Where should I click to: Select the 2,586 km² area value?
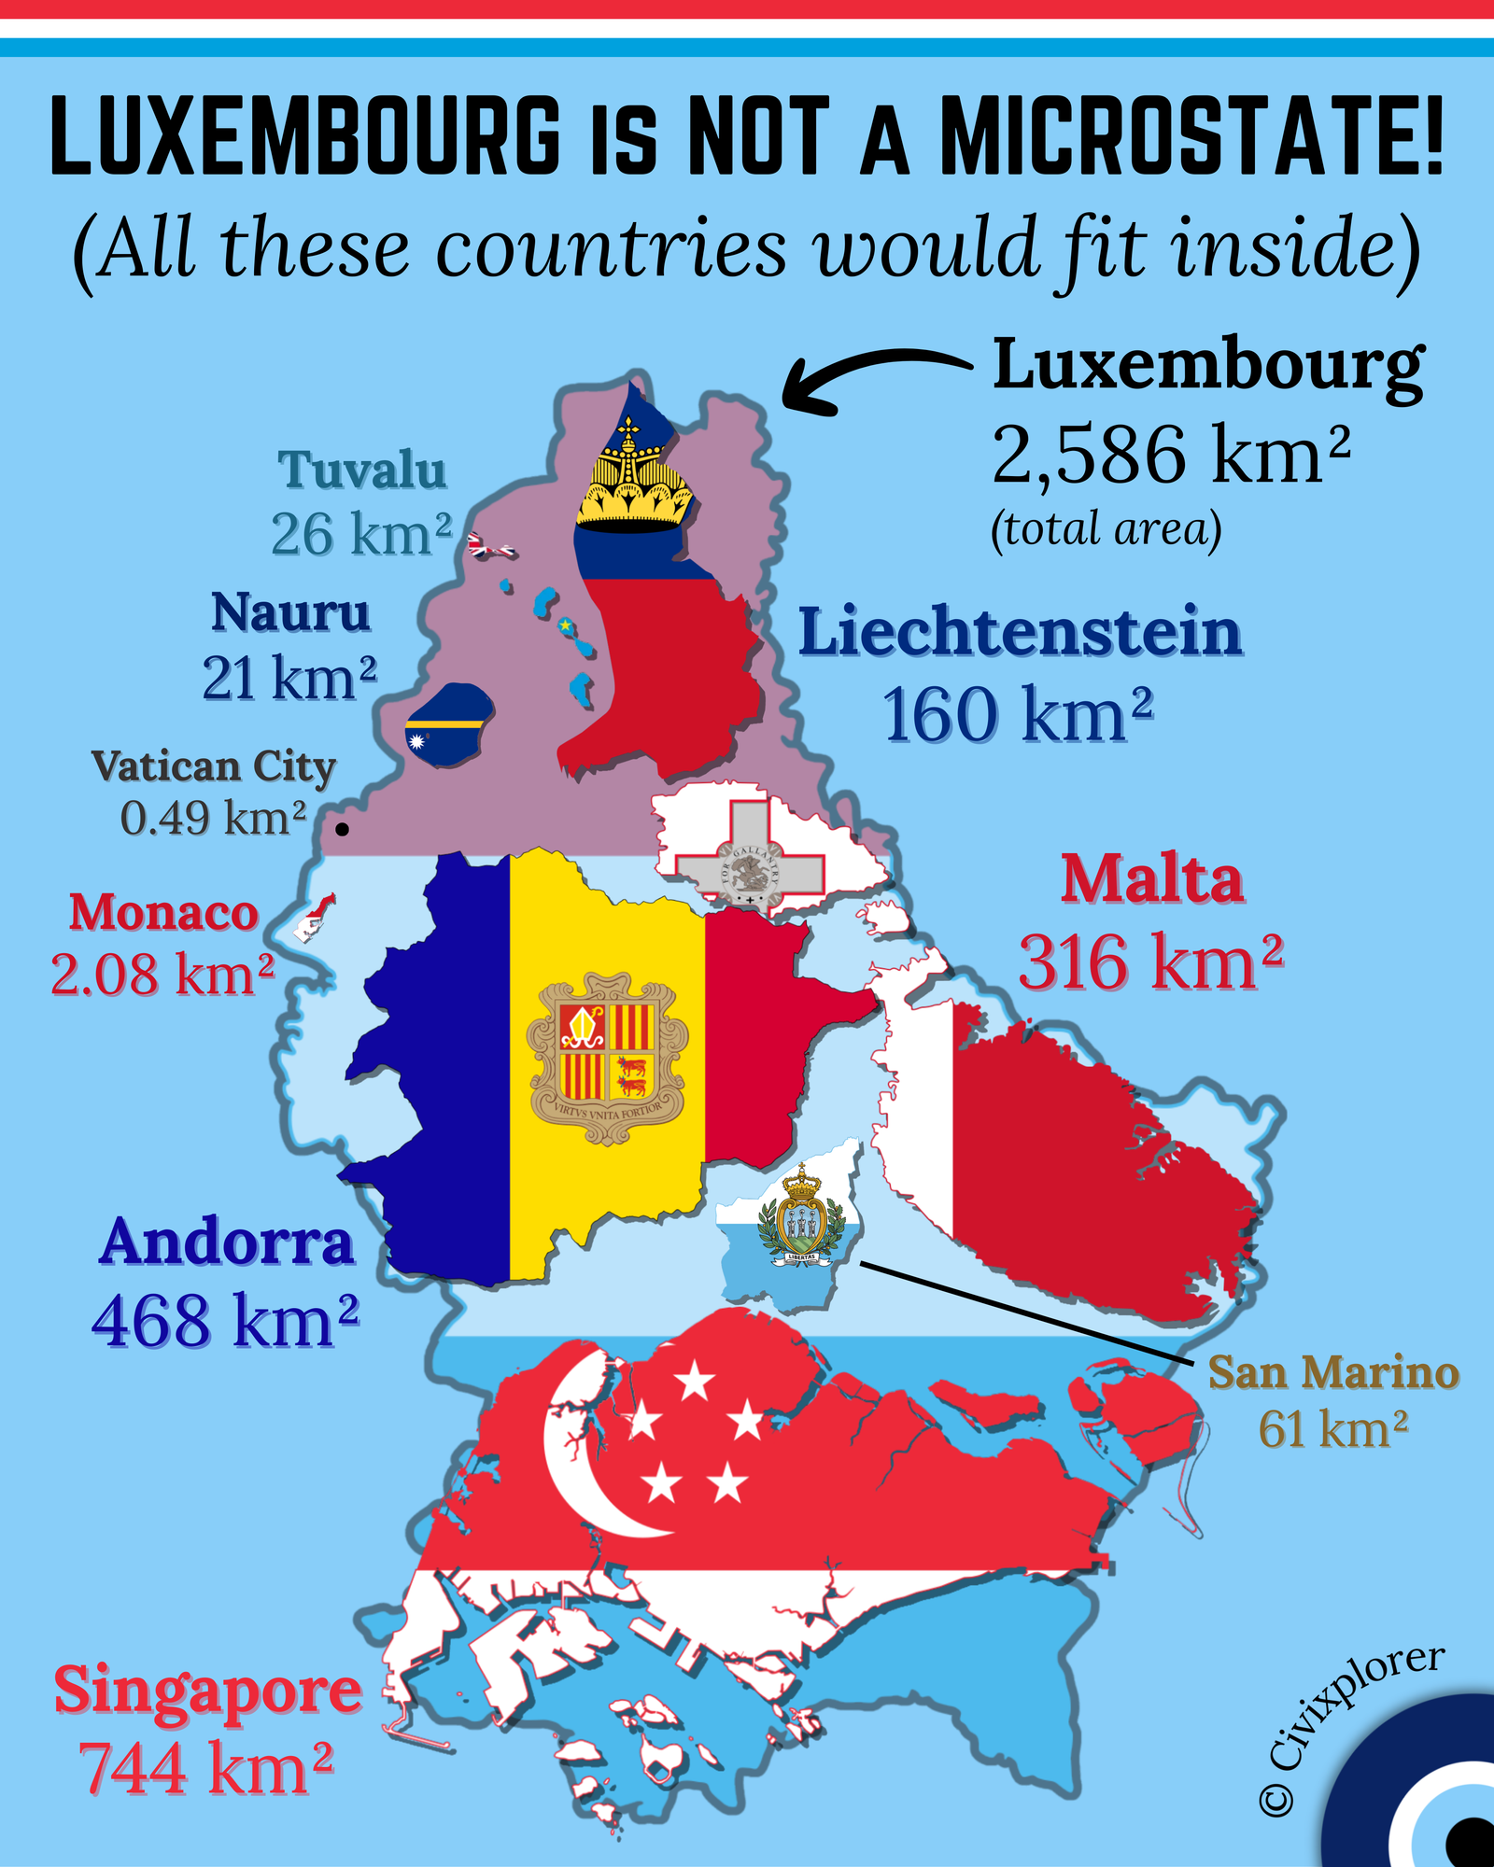point(1170,455)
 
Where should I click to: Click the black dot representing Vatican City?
point(343,828)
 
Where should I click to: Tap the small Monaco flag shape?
point(316,917)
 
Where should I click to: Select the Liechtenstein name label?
point(1020,633)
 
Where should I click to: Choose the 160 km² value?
point(1017,716)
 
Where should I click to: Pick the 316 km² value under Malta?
point(1150,963)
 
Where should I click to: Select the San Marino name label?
point(1333,1373)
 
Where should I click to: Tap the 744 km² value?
point(205,1769)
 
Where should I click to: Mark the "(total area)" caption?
point(1106,529)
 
